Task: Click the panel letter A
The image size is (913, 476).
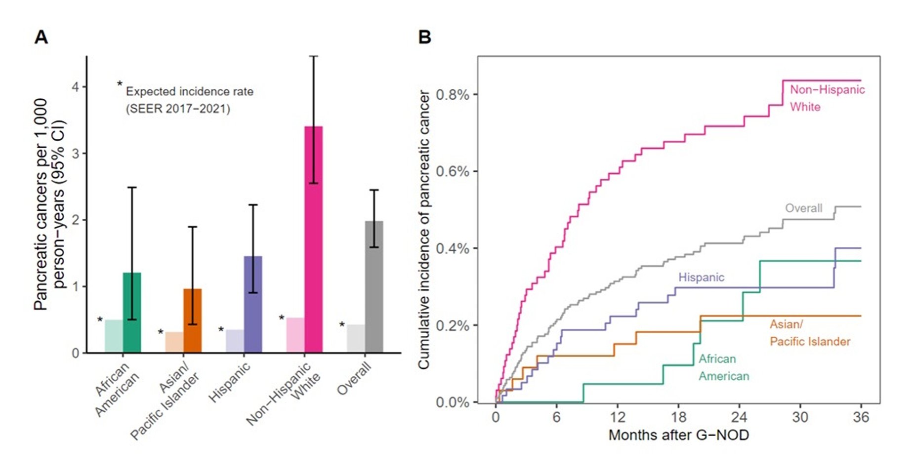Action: point(41,38)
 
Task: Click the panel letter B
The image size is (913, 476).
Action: point(424,38)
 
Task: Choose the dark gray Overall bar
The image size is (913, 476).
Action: point(374,287)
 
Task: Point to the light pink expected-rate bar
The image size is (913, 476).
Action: point(295,335)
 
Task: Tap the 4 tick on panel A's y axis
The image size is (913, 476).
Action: point(76,87)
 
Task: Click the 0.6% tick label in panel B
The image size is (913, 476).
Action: point(452,171)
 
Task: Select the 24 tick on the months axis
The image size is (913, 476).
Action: point(739,418)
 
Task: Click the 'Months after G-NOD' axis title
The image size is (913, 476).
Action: point(678,435)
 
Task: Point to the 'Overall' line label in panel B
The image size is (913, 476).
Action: point(804,208)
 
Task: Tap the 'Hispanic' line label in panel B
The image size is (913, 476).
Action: point(701,278)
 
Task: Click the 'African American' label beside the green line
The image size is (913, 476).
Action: point(723,367)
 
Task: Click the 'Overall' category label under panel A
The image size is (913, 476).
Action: point(354,379)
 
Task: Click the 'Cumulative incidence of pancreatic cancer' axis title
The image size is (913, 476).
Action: point(424,230)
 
